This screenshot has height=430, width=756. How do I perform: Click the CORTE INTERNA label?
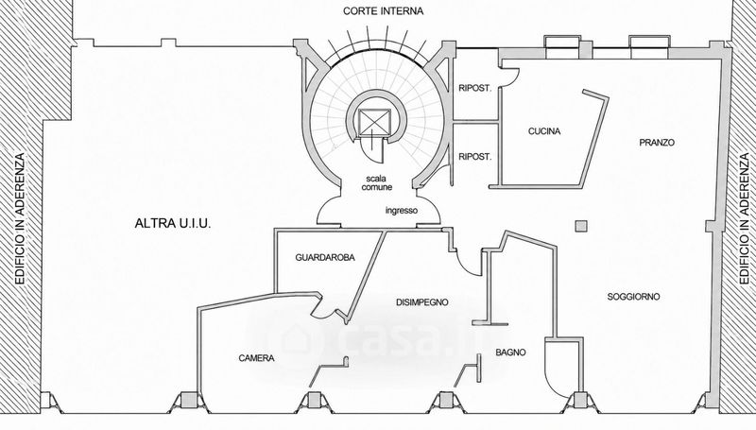[x=383, y=11]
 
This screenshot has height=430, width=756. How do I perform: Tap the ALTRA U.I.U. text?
[x=173, y=224]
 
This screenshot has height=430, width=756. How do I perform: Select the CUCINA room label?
[x=544, y=131]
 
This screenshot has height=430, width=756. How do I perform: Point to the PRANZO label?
[x=657, y=143]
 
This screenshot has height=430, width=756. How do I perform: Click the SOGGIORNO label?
[x=633, y=297]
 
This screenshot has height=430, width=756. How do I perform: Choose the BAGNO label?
[x=510, y=353]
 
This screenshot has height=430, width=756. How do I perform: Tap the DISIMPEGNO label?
[x=421, y=302]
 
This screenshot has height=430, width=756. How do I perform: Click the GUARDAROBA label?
[x=325, y=258]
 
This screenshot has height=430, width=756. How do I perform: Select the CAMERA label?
[x=256, y=358]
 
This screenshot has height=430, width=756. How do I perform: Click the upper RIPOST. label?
[x=475, y=89]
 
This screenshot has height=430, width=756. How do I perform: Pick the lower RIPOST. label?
[x=475, y=157]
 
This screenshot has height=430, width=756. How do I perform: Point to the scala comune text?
[x=377, y=183]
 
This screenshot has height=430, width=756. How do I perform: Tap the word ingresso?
[x=402, y=211]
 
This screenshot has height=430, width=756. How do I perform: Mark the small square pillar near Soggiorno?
[x=581, y=226]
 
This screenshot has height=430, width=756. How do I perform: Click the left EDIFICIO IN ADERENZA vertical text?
[x=19, y=218]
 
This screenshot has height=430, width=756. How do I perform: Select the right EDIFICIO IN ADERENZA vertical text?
[x=745, y=218]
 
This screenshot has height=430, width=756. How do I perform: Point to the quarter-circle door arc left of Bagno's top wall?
[x=466, y=265]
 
